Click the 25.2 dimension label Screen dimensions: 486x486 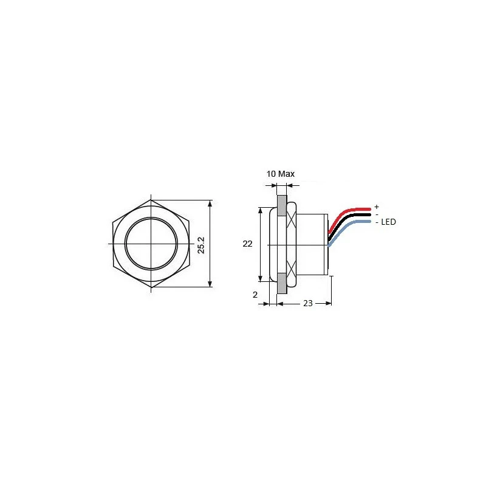coord(202,244)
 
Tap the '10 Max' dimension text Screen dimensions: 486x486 coord(281,174)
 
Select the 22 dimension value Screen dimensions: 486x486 coord(247,244)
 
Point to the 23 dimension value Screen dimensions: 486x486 coord(307,303)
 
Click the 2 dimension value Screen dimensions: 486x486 coord(256,294)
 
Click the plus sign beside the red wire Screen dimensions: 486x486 coord(377,207)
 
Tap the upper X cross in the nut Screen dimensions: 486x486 coord(292,217)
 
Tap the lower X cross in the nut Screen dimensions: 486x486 coord(292,269)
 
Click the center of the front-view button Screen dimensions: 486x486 coord(151,243)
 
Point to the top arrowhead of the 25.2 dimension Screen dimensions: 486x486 coord(210,203)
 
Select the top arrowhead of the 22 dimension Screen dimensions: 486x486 coord(261,210)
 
